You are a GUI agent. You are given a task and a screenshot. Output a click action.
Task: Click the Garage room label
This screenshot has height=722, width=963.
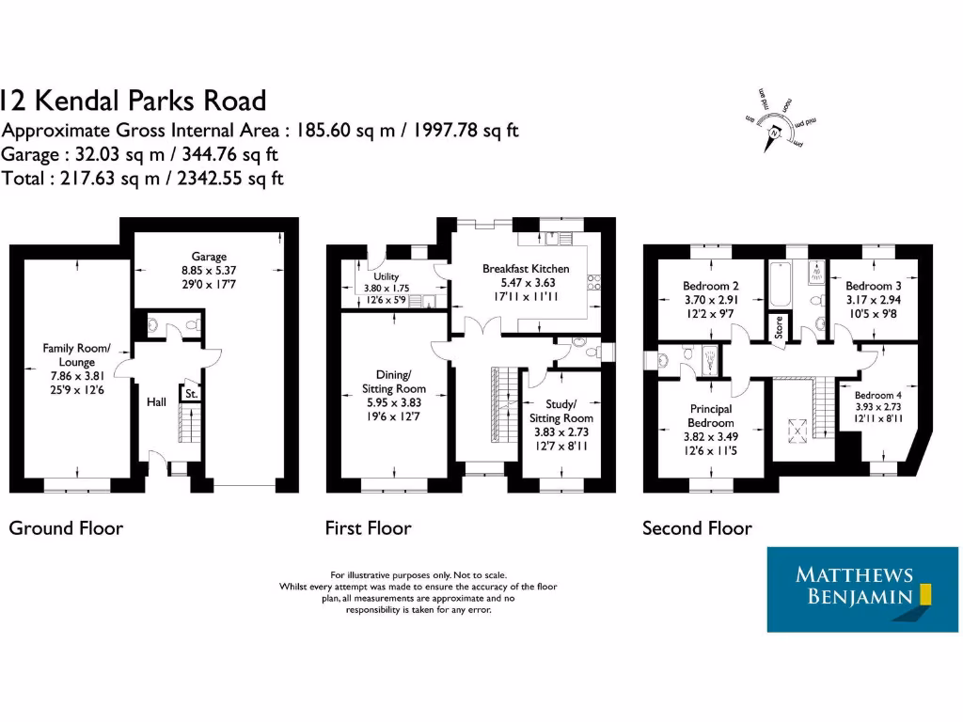tap(209, 256)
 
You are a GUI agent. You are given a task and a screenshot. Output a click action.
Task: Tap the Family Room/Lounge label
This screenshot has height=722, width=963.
tap(76, 354)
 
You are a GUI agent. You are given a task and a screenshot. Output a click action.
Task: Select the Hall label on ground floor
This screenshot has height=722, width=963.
tap(156, 402)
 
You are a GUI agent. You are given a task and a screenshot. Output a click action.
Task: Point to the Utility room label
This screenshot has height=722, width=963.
tap(387, 277)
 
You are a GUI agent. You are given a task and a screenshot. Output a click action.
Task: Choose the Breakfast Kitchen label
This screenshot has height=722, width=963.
tap(526, 269)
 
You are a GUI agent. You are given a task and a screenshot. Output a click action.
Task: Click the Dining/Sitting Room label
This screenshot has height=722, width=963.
tap(394, 381)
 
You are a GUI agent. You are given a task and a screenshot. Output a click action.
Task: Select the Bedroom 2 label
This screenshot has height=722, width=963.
tap(710, 286)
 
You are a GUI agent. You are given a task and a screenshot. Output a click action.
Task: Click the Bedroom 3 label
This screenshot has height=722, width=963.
tap(873, 286)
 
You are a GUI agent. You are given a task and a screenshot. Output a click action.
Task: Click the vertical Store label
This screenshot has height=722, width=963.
tap(778, 326)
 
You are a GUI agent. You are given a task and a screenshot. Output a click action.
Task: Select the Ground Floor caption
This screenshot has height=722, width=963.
tap(66, 528)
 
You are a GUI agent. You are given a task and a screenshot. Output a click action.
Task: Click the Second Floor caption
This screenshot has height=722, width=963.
tap(697, 528)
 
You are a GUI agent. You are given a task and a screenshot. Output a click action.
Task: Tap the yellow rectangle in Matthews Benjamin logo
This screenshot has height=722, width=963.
tap(924, 595)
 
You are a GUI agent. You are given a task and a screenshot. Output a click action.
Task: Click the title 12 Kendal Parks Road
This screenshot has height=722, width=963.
tap(133, 101)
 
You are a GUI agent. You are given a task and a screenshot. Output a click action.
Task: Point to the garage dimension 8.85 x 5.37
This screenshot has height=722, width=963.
tap(209, 269)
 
